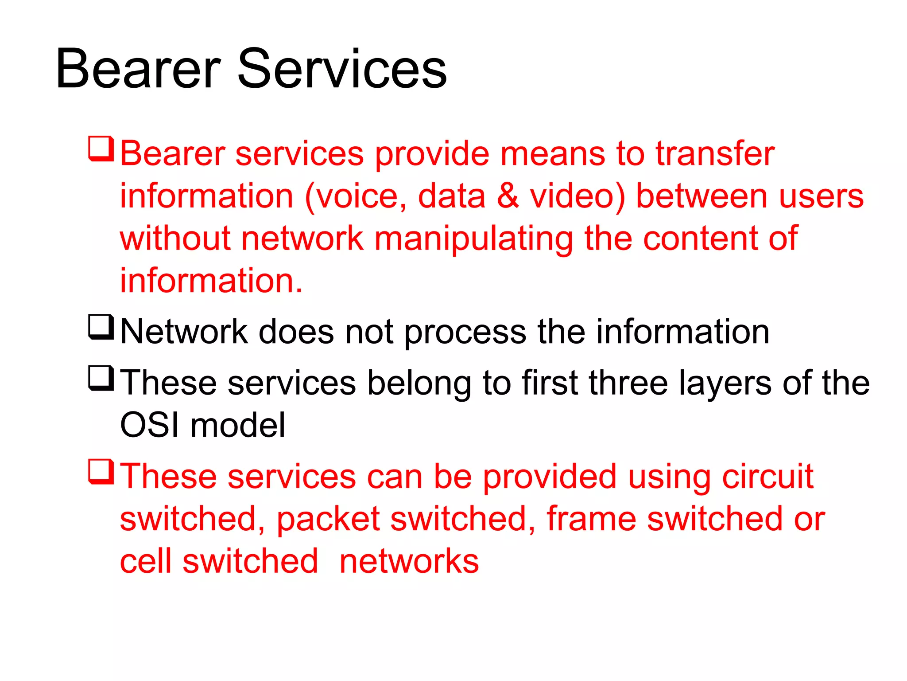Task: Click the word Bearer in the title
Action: click(138, 69)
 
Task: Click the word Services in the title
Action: click(342, 69)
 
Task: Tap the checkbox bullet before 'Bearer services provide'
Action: click(101, 149)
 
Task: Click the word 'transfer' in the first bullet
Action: click(715, 153)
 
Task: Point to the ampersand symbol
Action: click(508, 196)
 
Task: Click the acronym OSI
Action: click(150, 425)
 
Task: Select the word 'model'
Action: click(238, 425)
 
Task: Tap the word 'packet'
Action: click(328, 519)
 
